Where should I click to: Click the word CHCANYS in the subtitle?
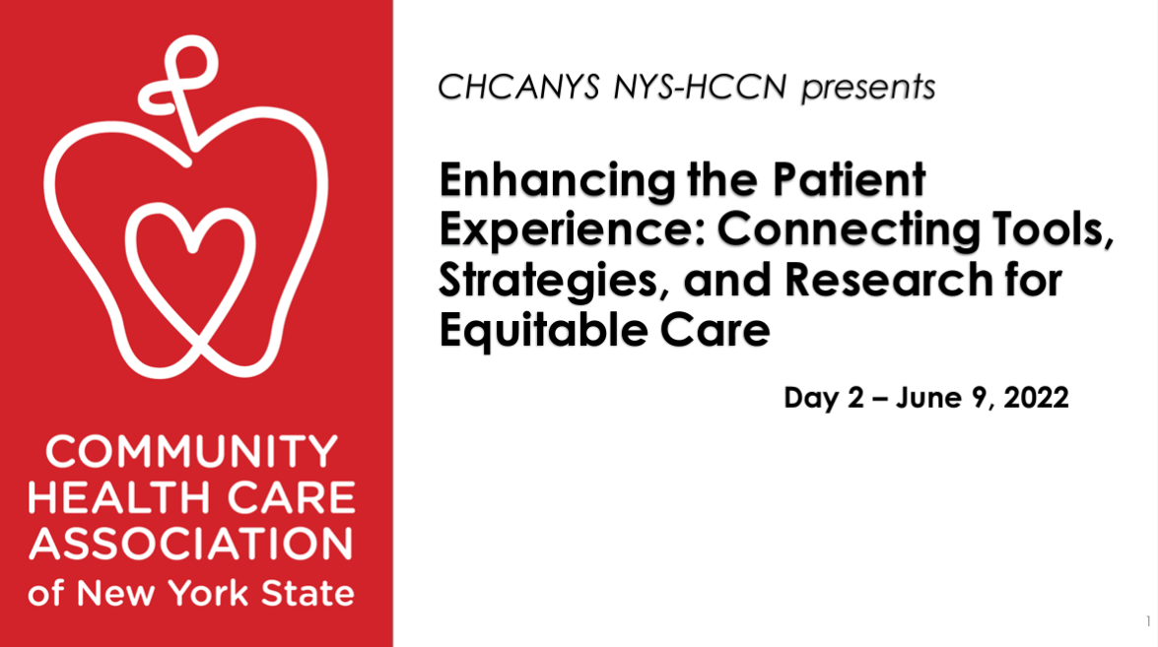click(x=518, y=87)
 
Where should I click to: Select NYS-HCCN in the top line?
click(x=700, y=87)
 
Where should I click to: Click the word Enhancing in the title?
click(x=558, y=181)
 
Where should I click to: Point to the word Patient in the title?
click(x=849, y=179)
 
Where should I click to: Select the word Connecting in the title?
click(x=849, y=231)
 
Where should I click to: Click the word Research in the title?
click(x=889, y=280)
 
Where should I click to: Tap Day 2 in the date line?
click(x=824, y=398)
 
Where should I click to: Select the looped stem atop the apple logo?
click(x=181, y=89)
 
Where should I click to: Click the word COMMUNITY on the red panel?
click(x=192, y=451)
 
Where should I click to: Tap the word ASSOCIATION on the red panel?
click(x=191, y=544)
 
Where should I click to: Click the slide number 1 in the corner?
click(x=1148, y=621)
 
